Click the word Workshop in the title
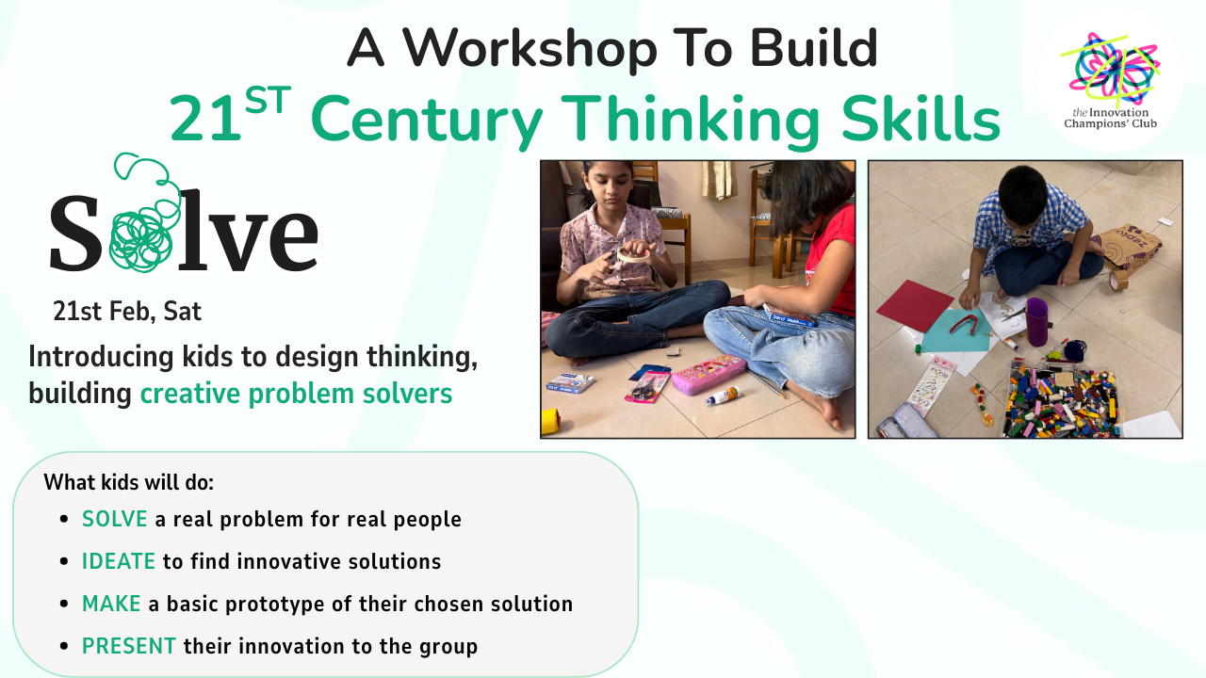pyautogui.click(x=530, y=48)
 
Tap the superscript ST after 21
pyautogui.click(x=268, y=100)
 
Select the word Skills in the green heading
pyautogui.click(x=921, y=119)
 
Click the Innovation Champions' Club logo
pyautogui.click(x=1110, y=81)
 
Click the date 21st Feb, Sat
pyautogui.click(x=127, y=311)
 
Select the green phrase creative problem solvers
pyautogui.click(x=296, y=394)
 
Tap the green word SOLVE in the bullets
pyautogui.click(x=115, y=519)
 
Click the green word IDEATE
pyautogui.click(x=119, y=561)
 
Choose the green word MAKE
pyautogui.click(x=111, y=604)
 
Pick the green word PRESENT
pyautogui.click(x=129, y=646)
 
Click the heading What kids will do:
pyautogui.click(x=129, y=482)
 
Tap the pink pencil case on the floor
pyautogui.click(x=708, y=374)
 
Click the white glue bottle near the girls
pyautogui.click(x=723, y=395)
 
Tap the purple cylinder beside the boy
pyautogui.click(x=1037, y=322)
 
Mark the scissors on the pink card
pyautogui.click(x=644, y=387)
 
